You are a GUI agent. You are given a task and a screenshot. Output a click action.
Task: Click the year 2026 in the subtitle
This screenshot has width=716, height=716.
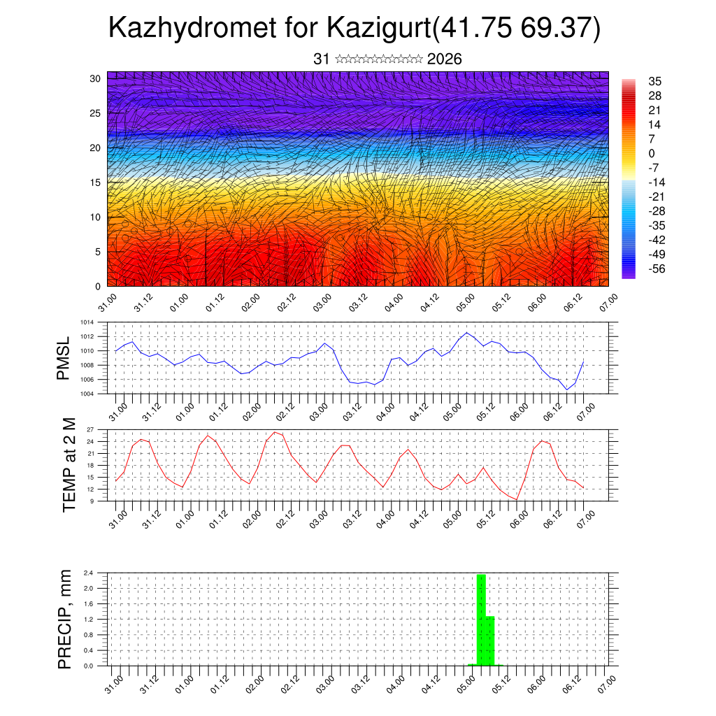click(x=444, y=59)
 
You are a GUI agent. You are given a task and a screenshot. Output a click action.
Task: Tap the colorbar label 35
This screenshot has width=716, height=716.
click(x=654, y=82)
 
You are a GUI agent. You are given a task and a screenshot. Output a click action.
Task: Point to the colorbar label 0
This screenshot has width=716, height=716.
click(x=652, y=153)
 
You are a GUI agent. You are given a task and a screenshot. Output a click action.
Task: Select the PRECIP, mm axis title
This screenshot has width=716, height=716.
click(x=65, y=619)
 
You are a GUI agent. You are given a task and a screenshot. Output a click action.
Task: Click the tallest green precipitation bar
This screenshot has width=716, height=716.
click(x=481, y=619)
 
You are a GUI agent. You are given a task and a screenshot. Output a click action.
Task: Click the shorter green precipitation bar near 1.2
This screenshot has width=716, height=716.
click(x=490, y=640)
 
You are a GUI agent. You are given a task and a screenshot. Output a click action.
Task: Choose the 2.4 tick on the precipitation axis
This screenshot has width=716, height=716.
click(x=89, y=573)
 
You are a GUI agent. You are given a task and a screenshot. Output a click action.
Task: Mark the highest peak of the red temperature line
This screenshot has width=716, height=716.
click(x=275, y=432)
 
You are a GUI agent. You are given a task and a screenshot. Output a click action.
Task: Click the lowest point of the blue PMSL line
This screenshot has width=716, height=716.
click(x=567, y=389)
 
